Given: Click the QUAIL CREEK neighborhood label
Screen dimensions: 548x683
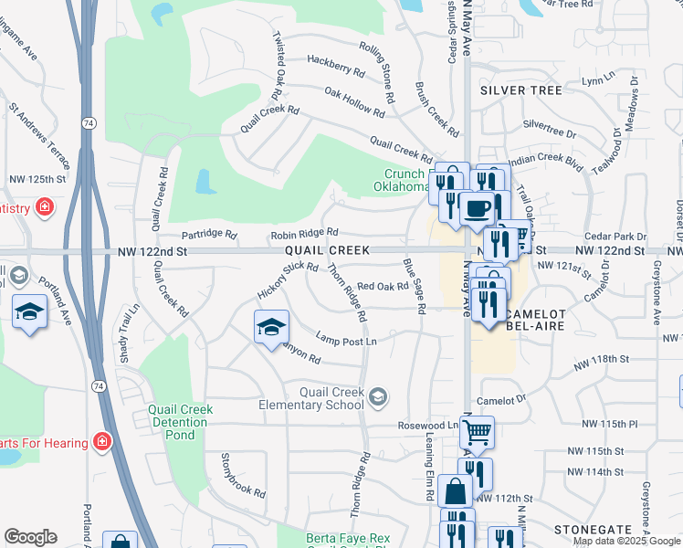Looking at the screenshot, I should coord(326,250).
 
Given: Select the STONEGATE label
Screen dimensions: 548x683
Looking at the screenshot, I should coord(593,530).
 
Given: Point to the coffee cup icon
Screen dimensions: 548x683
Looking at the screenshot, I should coord(476,208).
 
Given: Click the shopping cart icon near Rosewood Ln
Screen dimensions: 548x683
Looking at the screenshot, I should coord(478,432).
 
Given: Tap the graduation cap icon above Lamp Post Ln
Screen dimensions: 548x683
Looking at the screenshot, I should coord(270,327).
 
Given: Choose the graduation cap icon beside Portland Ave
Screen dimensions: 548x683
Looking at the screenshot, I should coord(30,311).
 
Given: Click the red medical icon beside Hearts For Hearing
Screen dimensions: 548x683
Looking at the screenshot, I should coord(102,443).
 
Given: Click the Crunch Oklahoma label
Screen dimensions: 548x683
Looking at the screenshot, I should coord(402,181).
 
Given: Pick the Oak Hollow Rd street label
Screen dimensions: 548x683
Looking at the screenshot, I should coord(354,100).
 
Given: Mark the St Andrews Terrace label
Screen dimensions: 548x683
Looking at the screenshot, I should coord(40,135).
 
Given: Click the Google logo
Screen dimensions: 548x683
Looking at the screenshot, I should coord(30,537).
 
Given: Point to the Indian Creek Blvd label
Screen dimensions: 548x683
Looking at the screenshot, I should coord(545,161).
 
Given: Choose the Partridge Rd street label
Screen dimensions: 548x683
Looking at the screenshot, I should coord(209,234).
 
